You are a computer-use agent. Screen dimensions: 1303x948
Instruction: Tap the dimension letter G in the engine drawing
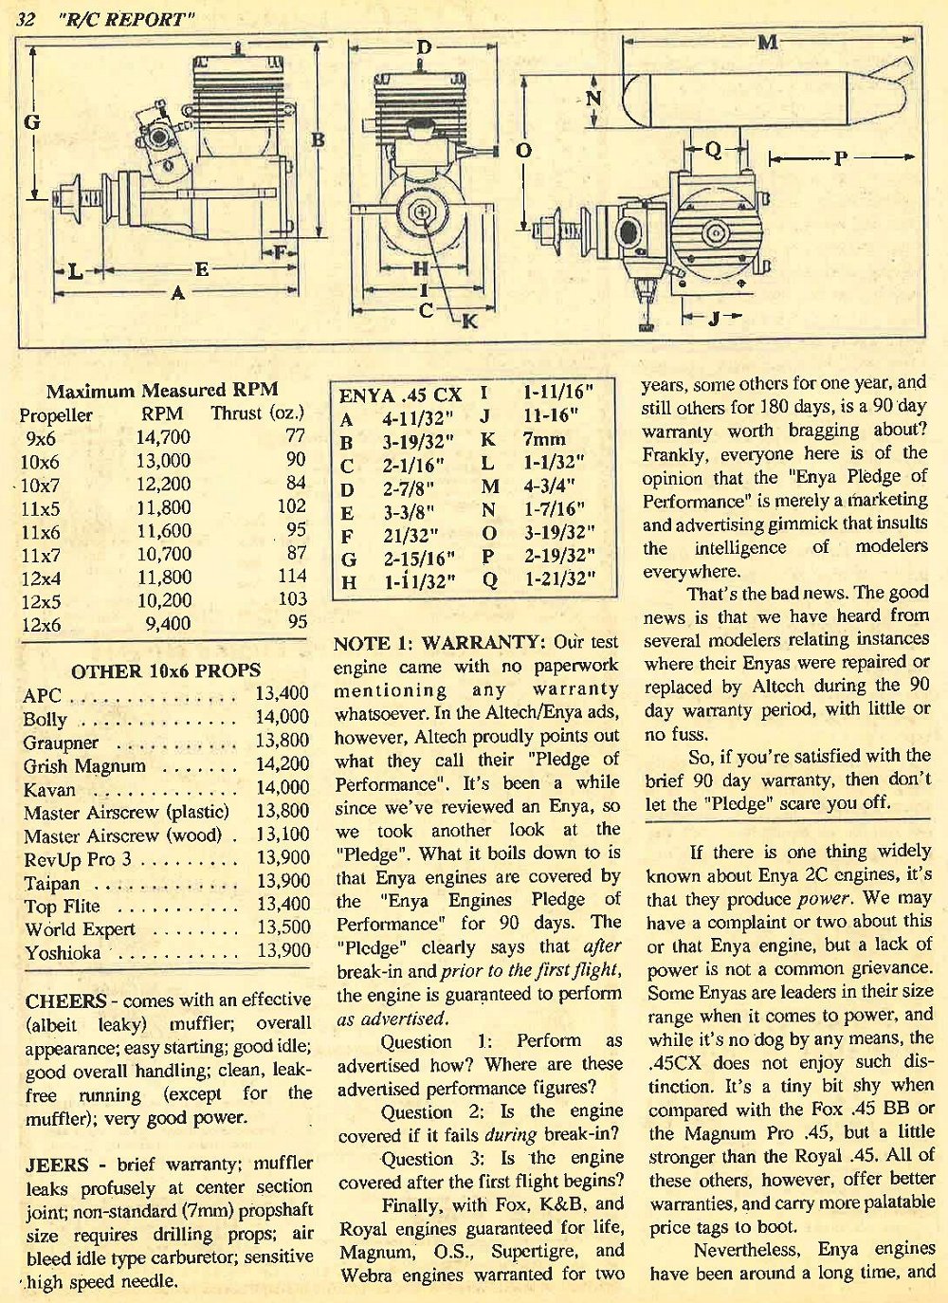[x=32, y=121]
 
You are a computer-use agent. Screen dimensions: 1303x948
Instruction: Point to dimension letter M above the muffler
[x=768, y=42]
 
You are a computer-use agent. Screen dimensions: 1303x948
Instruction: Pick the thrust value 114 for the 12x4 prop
[x=292, y=576]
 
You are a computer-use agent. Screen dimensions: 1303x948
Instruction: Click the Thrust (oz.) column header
[x=258, y=413]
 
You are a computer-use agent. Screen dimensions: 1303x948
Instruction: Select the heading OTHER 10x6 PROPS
[x=165, y=670]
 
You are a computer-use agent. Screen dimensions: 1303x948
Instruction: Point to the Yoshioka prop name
[x=63, y=952]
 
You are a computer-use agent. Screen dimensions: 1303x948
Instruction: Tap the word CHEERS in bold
[x=65, y=1000]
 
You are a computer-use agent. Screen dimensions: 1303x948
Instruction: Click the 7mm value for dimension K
[x=543, y=440]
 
